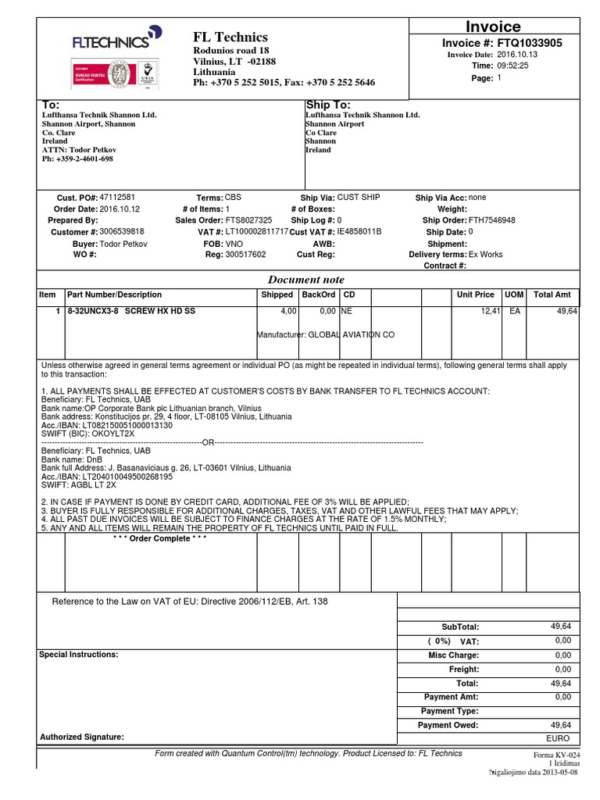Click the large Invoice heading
coord(493,27)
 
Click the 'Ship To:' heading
coord(328,105)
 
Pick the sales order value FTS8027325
coord(248,220)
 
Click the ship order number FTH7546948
coord(491,220)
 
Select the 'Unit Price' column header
coord(475,295)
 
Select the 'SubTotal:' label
coord(460,627)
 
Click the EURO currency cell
coord(559,738)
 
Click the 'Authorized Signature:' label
coord(81,737)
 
